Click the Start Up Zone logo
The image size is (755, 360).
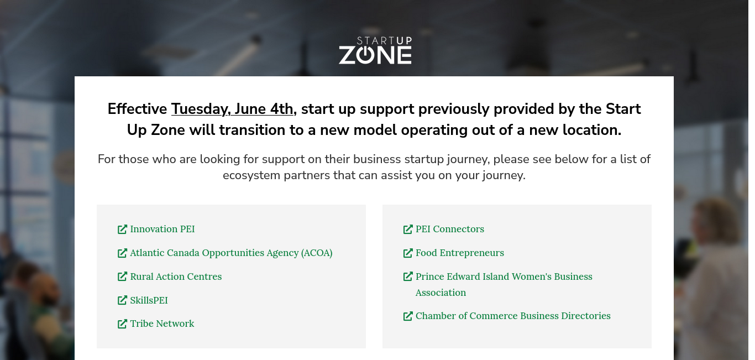375,50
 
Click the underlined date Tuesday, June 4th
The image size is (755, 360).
232,109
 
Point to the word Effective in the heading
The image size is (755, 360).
137,109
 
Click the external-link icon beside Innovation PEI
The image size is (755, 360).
122,229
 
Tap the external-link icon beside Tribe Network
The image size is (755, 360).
122,324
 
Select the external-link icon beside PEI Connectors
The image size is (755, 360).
408,229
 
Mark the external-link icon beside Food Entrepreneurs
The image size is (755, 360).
408,253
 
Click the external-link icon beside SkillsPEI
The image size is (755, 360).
122,300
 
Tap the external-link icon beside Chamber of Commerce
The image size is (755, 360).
408,316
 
